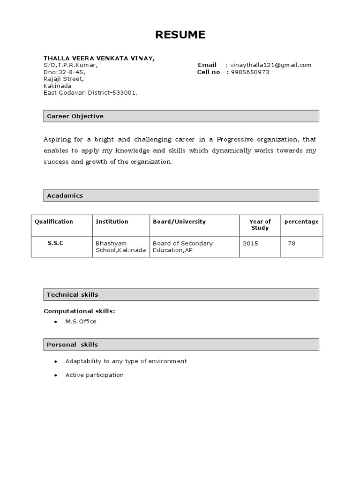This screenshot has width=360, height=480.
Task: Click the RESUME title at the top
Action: pos(180,35)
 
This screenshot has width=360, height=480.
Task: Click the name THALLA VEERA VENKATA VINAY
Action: pos(99,58)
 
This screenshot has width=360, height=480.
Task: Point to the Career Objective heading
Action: pos(75,116)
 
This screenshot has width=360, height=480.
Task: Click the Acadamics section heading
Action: pos(65,195)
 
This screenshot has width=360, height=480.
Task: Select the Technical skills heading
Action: pos(73,294)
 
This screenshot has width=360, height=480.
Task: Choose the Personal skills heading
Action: pos(72,345)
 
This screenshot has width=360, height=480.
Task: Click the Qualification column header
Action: pos(54,222)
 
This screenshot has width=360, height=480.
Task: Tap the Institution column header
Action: pos(112,222)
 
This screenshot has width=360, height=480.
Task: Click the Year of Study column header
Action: pos(260,225)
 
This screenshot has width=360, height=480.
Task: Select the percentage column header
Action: pos(301,222)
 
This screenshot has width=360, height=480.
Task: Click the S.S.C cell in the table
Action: pos(55,243)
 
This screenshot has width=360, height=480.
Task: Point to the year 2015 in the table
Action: pos(250,243)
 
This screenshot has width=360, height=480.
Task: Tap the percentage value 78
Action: pos(292,243)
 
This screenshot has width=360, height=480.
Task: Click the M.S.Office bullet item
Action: pos(81,322)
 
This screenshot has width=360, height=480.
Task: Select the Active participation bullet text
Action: pos(95,375)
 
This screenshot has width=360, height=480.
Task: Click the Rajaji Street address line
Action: pos(63,79)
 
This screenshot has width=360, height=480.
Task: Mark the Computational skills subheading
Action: pos(79,311)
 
